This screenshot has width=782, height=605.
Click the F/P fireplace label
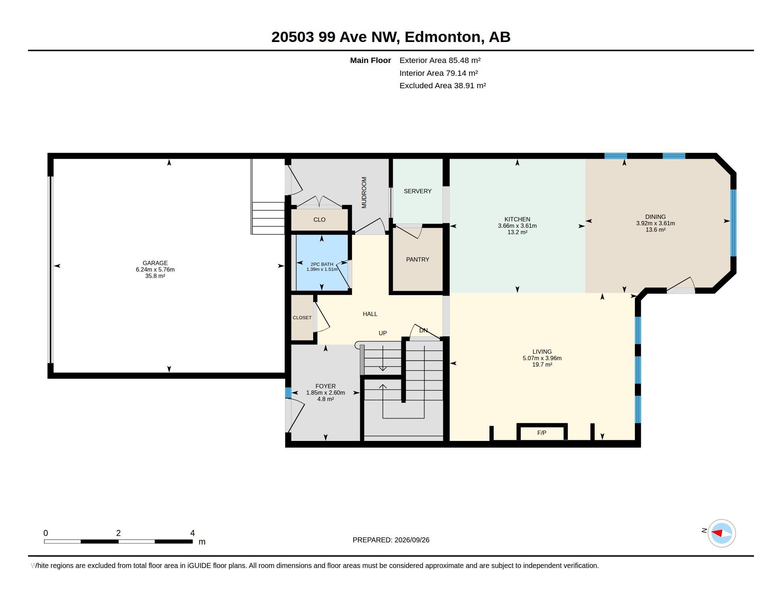pyautogui.click(x=541, y=433)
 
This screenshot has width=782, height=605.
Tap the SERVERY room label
pyautogui.click(x=418, y=191)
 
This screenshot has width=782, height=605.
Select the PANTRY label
pyautogui.click(x=418, y=259)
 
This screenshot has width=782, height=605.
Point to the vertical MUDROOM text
pyautogui.click(x=364, y=193)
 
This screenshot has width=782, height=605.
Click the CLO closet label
pyautogui.click(x=320, y=220)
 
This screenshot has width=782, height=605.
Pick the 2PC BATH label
pyautogui.click(x=322, y=264)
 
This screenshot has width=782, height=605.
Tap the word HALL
pyautogui.click(x=370, y=314)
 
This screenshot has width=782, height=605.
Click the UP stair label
pyautogui.click(x=383, y=333)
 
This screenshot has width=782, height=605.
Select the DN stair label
pyautogui.click(x=423, y=331)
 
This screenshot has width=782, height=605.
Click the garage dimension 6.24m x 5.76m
pyautogui.click(x=155, y=269)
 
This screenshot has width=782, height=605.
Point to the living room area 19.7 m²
pyautogui.click(x=542, y=364)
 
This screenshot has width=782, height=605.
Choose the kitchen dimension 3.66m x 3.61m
pyautogui.click(x=517, y=226)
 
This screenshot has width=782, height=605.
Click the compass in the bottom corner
pyautogui.click(x=721, y=533)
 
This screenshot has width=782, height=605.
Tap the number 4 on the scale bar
pyautogui.click(x=192, y=533)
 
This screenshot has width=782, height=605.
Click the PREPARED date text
pyautogui.click(x=391, y=540)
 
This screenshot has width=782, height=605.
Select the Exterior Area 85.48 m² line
pyautogui.click(x=440, y=60)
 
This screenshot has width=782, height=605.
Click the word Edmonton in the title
pyautogui.click(x=443, y=37)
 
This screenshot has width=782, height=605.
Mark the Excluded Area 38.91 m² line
pyautogui.click(x=443, y=86)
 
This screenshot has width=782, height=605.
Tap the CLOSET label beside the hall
pyautogui.click(x=302, y=317)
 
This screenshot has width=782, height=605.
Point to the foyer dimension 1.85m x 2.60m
pyautogui.click(x=326, y=393)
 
